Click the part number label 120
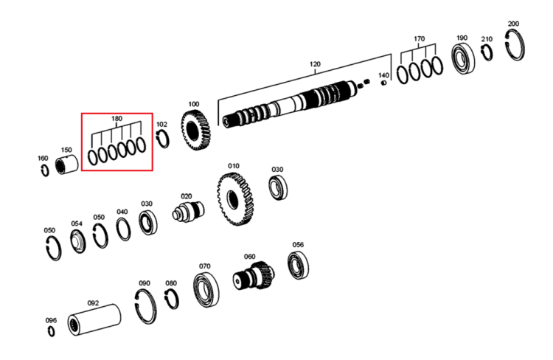315,64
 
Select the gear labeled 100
195,130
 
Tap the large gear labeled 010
236,199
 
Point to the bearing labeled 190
463,58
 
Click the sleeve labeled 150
67,165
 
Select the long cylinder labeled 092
94,319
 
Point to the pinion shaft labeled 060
254,275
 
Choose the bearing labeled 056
298,266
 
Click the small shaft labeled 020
188,212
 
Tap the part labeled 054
77,241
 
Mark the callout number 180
116,119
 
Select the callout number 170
419,38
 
